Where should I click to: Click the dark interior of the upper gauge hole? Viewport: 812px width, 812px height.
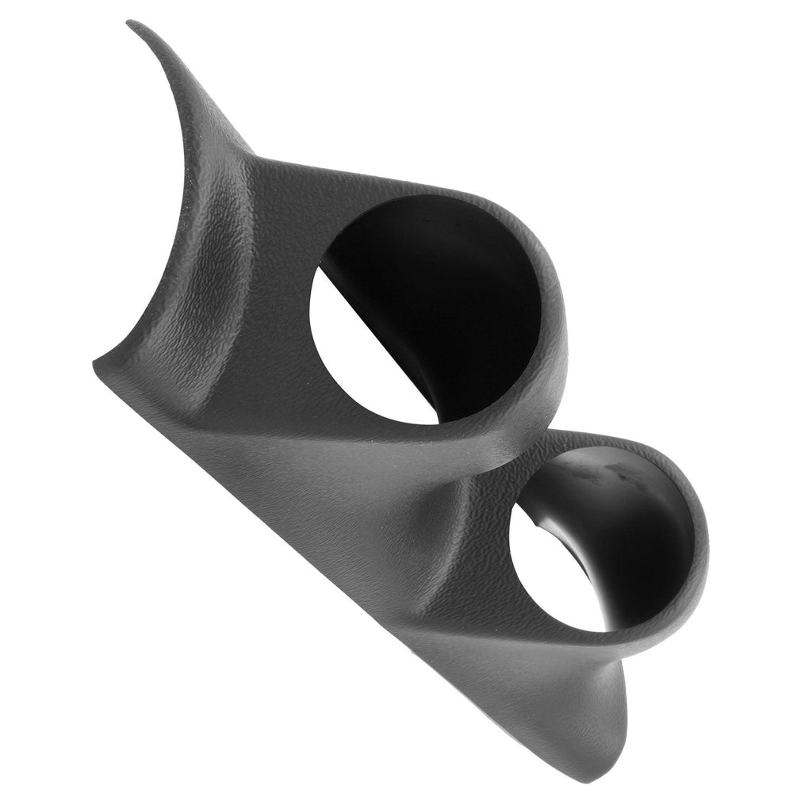tap(452, 285)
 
